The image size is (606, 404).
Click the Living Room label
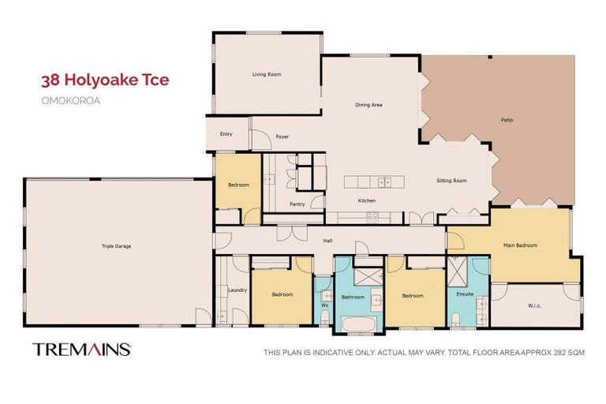tap(267, 74)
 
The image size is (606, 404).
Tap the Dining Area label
tap(369, 104)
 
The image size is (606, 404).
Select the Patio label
tap(507, 120)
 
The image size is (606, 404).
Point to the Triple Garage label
tap(116, 246)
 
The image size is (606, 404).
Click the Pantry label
tap(297, 204)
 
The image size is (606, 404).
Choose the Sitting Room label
tap(451, 181)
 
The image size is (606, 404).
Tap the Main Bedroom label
tap(520, 245)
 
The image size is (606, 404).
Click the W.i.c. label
tap(534, 307)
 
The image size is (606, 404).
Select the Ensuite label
tap(465, 294)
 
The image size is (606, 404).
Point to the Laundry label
tap(238, 290)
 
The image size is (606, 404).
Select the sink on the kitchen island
tap(384, 181)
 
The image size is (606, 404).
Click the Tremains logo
tap(81, 350)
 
